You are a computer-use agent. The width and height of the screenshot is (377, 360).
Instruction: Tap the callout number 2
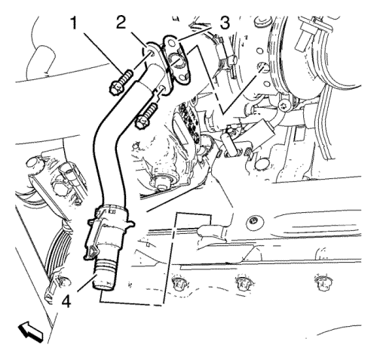(121, 23)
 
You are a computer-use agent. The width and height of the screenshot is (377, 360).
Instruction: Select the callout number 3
(224, 23)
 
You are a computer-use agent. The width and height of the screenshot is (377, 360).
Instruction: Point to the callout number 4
(66, 300)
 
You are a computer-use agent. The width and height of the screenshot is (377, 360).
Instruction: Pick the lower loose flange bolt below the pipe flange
(146, 116)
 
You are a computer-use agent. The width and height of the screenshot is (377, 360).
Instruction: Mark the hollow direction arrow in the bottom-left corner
(31, 332)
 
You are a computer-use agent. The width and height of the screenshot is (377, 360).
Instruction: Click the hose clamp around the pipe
(112, 217)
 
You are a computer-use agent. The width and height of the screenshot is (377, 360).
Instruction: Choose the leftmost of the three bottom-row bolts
(179, 283)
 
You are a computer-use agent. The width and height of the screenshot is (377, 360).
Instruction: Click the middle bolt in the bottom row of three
(243, 283)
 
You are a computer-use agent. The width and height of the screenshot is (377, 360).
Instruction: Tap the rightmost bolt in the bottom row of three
(322, 282)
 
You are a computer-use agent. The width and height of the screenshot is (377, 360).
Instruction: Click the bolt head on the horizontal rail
(253, 222)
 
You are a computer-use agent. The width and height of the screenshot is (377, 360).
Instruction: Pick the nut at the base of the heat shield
(160, 182)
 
